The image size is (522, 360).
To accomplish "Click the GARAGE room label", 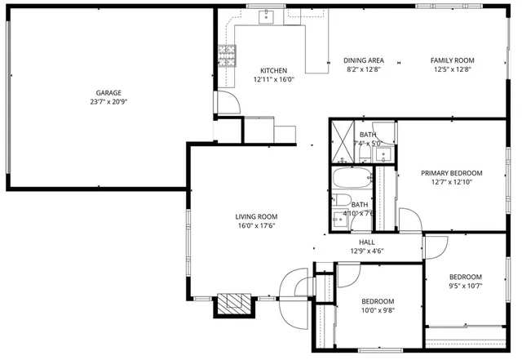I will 108,92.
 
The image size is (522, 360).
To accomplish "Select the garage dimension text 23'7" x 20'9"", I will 108,102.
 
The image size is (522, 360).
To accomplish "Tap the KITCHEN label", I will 273,70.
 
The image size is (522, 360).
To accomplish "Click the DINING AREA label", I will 364,60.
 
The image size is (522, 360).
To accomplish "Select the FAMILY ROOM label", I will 453,60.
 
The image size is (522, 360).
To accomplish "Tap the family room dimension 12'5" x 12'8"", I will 453,70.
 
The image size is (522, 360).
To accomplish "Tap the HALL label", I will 367,242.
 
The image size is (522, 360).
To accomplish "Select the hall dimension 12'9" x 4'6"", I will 367,251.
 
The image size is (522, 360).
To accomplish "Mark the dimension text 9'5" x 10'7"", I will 466,286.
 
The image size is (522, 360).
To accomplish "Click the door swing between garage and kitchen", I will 227,102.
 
